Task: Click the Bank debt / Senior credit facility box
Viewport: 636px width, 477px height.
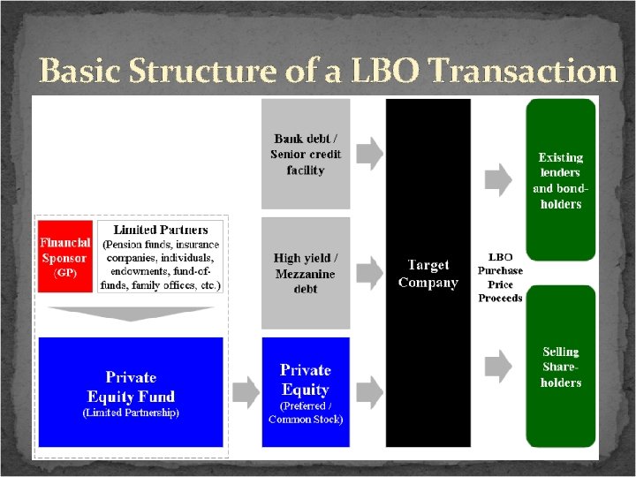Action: coord(306,154)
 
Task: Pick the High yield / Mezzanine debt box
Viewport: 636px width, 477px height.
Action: coord(306,273)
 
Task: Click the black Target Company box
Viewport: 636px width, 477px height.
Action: coord(428,273)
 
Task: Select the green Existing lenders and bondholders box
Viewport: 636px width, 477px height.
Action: coord(560,180)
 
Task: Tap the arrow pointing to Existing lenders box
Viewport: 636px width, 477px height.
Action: coord(500,180)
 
